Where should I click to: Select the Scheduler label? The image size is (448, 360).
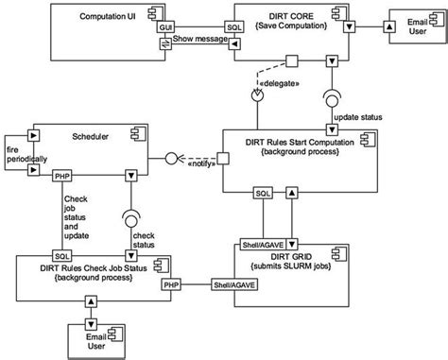click(x=89, y=137)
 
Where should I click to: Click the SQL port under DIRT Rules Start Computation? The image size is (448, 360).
click(x=265, y=193)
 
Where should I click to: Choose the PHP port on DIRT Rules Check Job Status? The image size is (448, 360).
click(x=171, y=283)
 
